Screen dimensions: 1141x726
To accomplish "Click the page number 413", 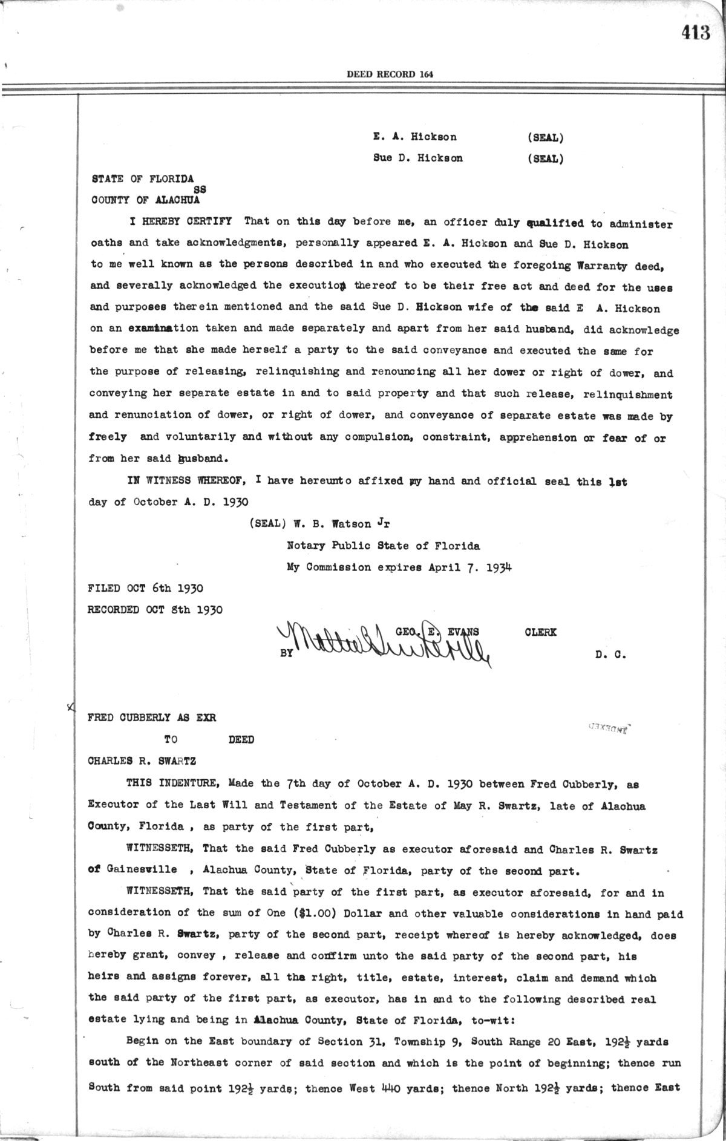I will pyautogui.click(x=695, y=33).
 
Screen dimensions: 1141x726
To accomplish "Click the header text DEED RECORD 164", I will pyautogui.click(x=390, y=74).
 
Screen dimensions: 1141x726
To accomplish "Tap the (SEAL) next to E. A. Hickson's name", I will pyautogui.click(x=545, y=137).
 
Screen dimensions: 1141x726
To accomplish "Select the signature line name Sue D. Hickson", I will pyautogui.click(x=418, y=159).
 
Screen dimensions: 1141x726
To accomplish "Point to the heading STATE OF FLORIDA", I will pyautogui.click(x=142, y=179).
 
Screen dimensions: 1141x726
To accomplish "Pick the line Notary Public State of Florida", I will pyautogui.click(x=384, y=546).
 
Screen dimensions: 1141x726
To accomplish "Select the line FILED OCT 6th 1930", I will pyautogui.click(x=145, y=588).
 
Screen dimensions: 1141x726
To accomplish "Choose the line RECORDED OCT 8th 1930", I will pyautogui.click(x=155, y=610).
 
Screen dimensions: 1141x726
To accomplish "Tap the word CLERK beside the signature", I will pyautogui.click(x=541, y=633).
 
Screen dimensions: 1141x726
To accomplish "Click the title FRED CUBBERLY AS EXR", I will pyautogui.click(x=152, y=718).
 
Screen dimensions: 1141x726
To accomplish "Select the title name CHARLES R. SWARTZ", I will pyautogui.click(x=142, y=761).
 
